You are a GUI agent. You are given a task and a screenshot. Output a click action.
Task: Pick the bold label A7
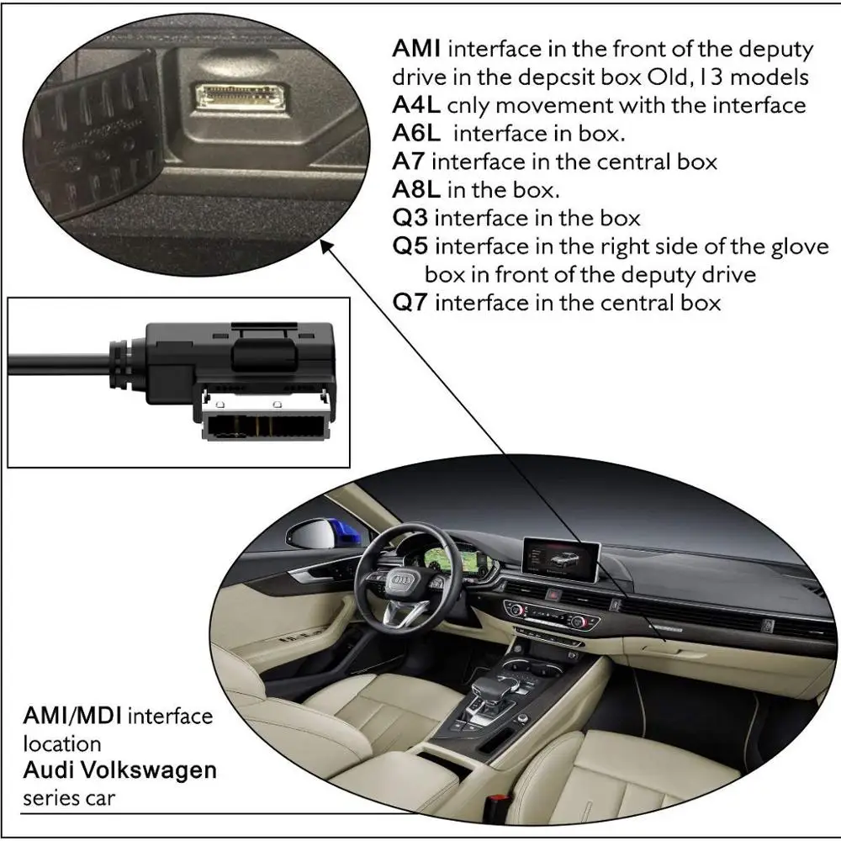409,161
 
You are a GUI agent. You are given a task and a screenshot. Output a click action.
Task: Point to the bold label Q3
410,218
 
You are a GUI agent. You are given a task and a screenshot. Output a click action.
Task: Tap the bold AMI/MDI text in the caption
73,717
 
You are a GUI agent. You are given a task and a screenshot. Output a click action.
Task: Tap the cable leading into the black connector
59,363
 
